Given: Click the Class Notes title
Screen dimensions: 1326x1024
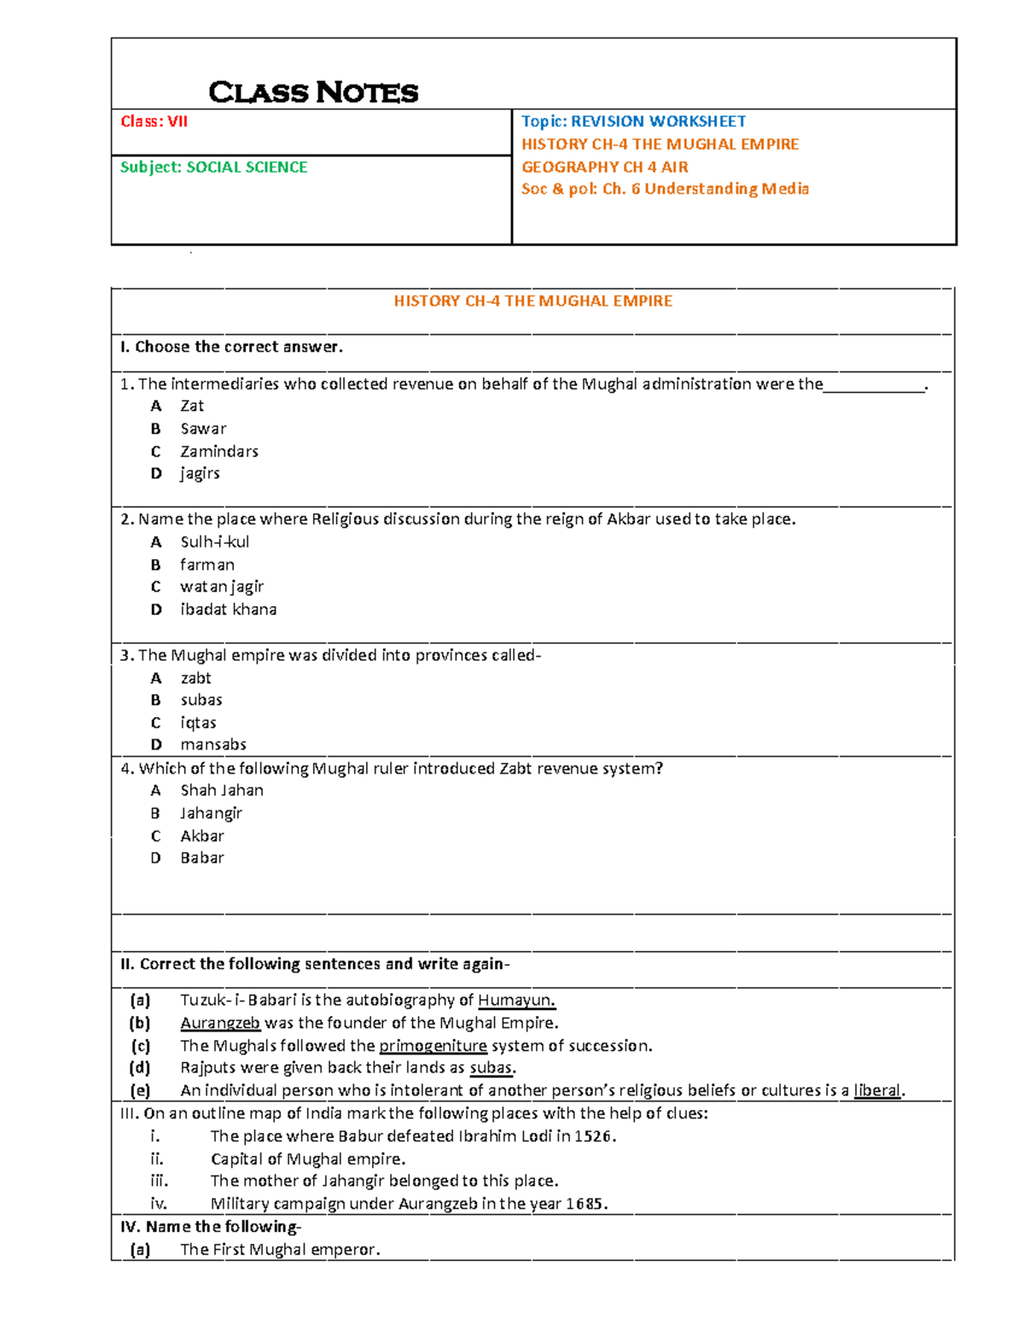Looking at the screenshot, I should click(x=313, y=92).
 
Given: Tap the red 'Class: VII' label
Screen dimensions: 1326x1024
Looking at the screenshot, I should click(x=154, y=121).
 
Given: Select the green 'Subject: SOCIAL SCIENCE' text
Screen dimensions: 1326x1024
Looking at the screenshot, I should click(x=213, y=167).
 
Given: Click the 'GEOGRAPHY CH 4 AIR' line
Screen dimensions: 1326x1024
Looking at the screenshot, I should click(x=604, y=167).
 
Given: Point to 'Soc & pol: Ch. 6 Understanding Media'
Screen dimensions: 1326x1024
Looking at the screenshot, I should click(x=665, y=189).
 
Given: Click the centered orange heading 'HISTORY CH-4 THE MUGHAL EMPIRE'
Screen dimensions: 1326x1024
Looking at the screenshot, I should click(x=532, y=301).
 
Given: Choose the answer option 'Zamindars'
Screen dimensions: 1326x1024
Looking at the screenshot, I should click(x=218, y=451).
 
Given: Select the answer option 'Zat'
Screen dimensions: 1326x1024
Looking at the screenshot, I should click(x=192, y=406).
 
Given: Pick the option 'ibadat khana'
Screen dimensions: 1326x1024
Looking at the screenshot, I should click(x=228, y=609).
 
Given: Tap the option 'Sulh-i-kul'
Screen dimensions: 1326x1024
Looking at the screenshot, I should click(x=214, y=541).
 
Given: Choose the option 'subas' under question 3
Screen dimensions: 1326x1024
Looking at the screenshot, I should click(x=201, y=699).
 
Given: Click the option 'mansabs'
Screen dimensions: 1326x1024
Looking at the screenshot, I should click(x=212, y=745).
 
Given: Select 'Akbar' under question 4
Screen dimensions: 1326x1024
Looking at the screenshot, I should click(x=202, y=836).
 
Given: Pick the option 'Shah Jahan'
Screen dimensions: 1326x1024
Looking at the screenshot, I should click(x=221, y=790).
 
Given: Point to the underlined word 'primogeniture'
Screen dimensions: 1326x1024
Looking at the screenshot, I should click(x=433, y=1045).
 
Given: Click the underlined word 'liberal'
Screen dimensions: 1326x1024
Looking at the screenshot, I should click(x=877, y=1090).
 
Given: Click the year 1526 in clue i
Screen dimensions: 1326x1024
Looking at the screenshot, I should click(x=593, y=1136).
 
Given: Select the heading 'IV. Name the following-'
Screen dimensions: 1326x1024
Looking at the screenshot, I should click(x=211, y=1226).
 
